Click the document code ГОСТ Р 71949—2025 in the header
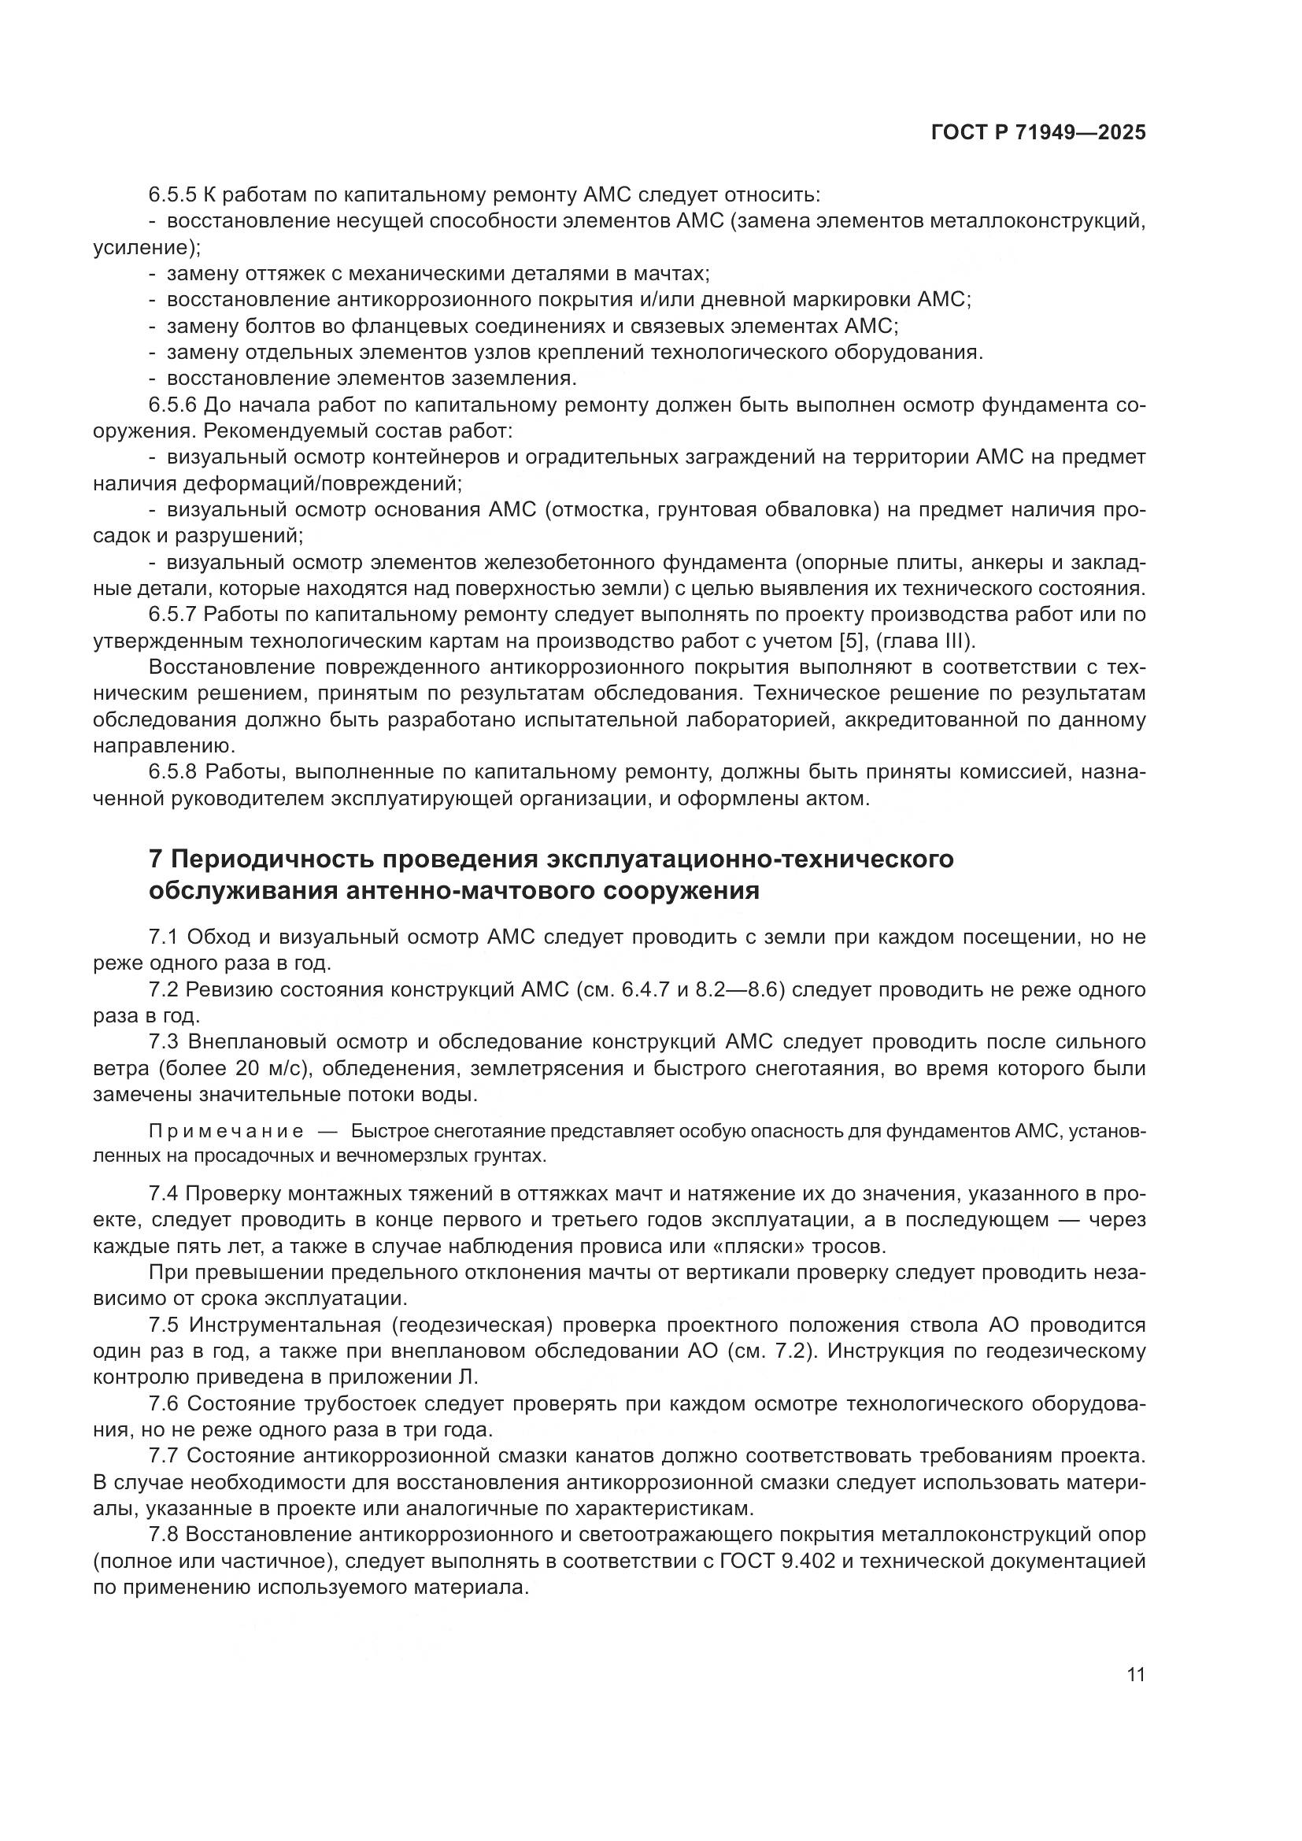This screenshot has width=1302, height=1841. [1038, 133]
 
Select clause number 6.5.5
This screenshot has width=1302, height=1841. [172, 195]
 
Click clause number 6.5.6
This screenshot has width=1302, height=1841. [172, 405]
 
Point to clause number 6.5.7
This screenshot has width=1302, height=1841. [172, 616]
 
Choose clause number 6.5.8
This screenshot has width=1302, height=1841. [172, 774]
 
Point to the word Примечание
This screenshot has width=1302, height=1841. [226, 1131]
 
